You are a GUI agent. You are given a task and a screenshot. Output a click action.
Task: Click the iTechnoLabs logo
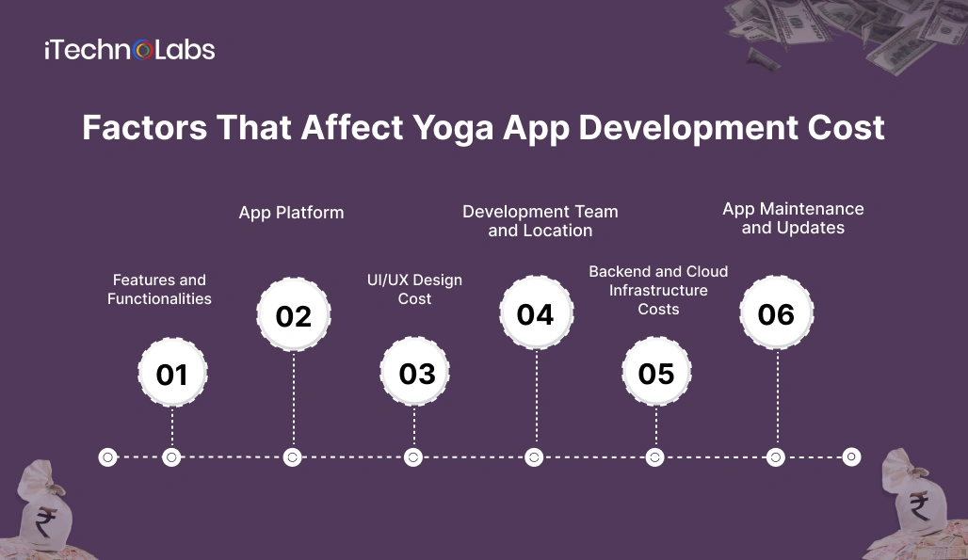click(x=129, y=50)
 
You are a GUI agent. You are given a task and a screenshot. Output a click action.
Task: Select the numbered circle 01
click(x=172, y=375)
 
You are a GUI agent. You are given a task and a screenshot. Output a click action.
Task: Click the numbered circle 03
click(x=415, y=374)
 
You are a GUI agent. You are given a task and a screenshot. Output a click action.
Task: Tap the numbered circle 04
click(x=535, y=314)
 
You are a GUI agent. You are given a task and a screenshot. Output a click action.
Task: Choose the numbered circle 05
click(x=656, y=374)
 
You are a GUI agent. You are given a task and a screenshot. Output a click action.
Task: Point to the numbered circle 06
click(x=776, y=314)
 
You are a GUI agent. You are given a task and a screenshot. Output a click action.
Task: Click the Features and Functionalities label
click(x=159, y=289)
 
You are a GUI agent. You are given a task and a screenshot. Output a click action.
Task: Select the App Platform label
click(x=291, y=213)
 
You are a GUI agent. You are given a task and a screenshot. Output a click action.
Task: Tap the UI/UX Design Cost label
click(x=414, y=289)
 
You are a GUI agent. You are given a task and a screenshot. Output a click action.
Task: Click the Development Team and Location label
click(x=540, y=221)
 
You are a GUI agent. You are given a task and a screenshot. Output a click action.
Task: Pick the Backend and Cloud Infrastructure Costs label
click(x=658, y=290)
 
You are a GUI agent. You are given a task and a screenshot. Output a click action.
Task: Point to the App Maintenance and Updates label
click(x=793, y=218)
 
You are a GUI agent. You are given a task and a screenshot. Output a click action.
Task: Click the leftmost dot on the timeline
click(x=107, y=457)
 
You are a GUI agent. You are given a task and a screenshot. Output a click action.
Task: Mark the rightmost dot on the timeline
click(x=851, y=457)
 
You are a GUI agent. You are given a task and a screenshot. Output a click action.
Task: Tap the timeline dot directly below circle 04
click(x=534, y=457)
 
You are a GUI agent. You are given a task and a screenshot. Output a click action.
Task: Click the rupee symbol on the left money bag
click(x=43, y=520)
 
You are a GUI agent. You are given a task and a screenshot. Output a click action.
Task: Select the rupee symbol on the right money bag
click(x=920, y=507)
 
